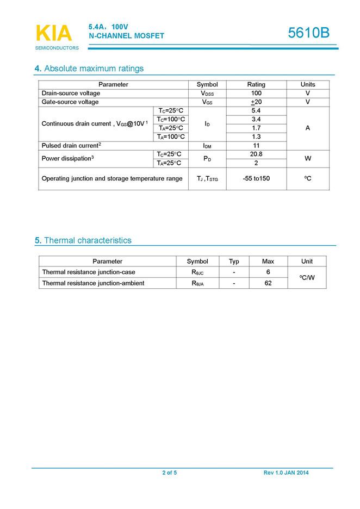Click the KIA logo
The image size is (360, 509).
coord(53,34)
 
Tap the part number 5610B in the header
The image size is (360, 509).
coord(308,33)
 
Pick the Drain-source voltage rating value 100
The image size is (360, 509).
coord(256,94)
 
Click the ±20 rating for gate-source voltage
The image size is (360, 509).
coord(256,102)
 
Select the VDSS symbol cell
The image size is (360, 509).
coord(207,94)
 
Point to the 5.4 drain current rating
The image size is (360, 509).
coord(256,111)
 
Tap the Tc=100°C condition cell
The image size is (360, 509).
coord(171,120)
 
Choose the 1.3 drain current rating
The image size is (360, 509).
coord(256,137)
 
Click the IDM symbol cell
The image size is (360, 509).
coord(207,146)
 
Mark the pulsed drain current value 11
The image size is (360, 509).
coord(256,146)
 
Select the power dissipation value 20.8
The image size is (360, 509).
coord(256,154)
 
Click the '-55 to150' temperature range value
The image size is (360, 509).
coord(256,178)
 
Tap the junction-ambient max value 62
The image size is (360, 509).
coord(268,283)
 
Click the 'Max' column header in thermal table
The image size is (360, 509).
coord(268,262)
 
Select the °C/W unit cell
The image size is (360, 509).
coord(307,278)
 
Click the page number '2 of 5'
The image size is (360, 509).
coord(169,473)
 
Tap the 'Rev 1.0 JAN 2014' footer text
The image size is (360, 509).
coord(286,473)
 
